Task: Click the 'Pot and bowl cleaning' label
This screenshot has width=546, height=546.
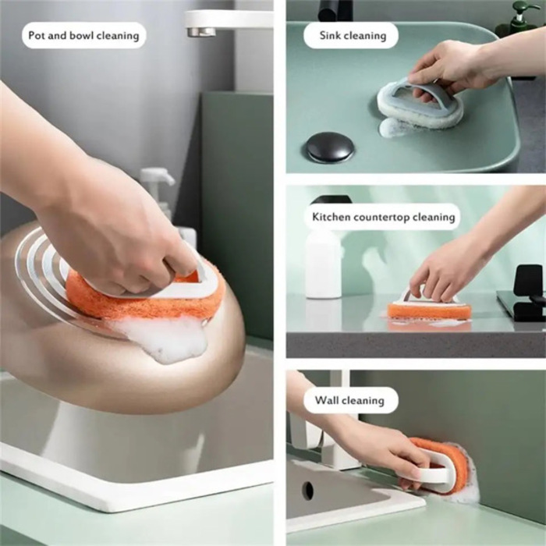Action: (x=83, y=35)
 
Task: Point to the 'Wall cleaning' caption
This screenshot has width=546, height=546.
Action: (x=349, y=400)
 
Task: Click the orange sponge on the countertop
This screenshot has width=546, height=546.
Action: (x=429, y=310)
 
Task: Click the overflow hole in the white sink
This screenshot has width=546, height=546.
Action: (x=308, y=490)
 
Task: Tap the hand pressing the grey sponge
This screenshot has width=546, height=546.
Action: (x=452, y=66)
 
